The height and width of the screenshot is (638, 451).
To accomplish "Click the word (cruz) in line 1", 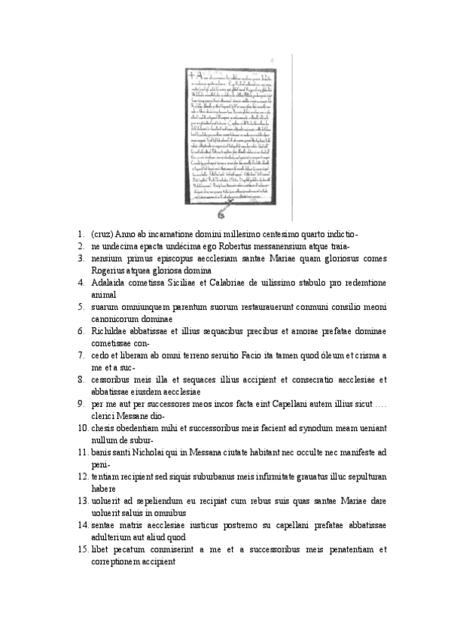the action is tap(102, 235).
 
